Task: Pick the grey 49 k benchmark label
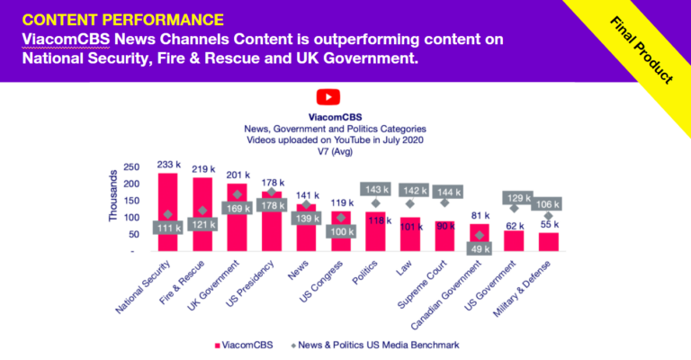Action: (x=480, y=249)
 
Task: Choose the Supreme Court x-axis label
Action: (x=434, y=284)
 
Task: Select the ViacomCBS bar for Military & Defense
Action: (x=549, y=241)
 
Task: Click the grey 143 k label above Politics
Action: (x=375, y=189)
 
